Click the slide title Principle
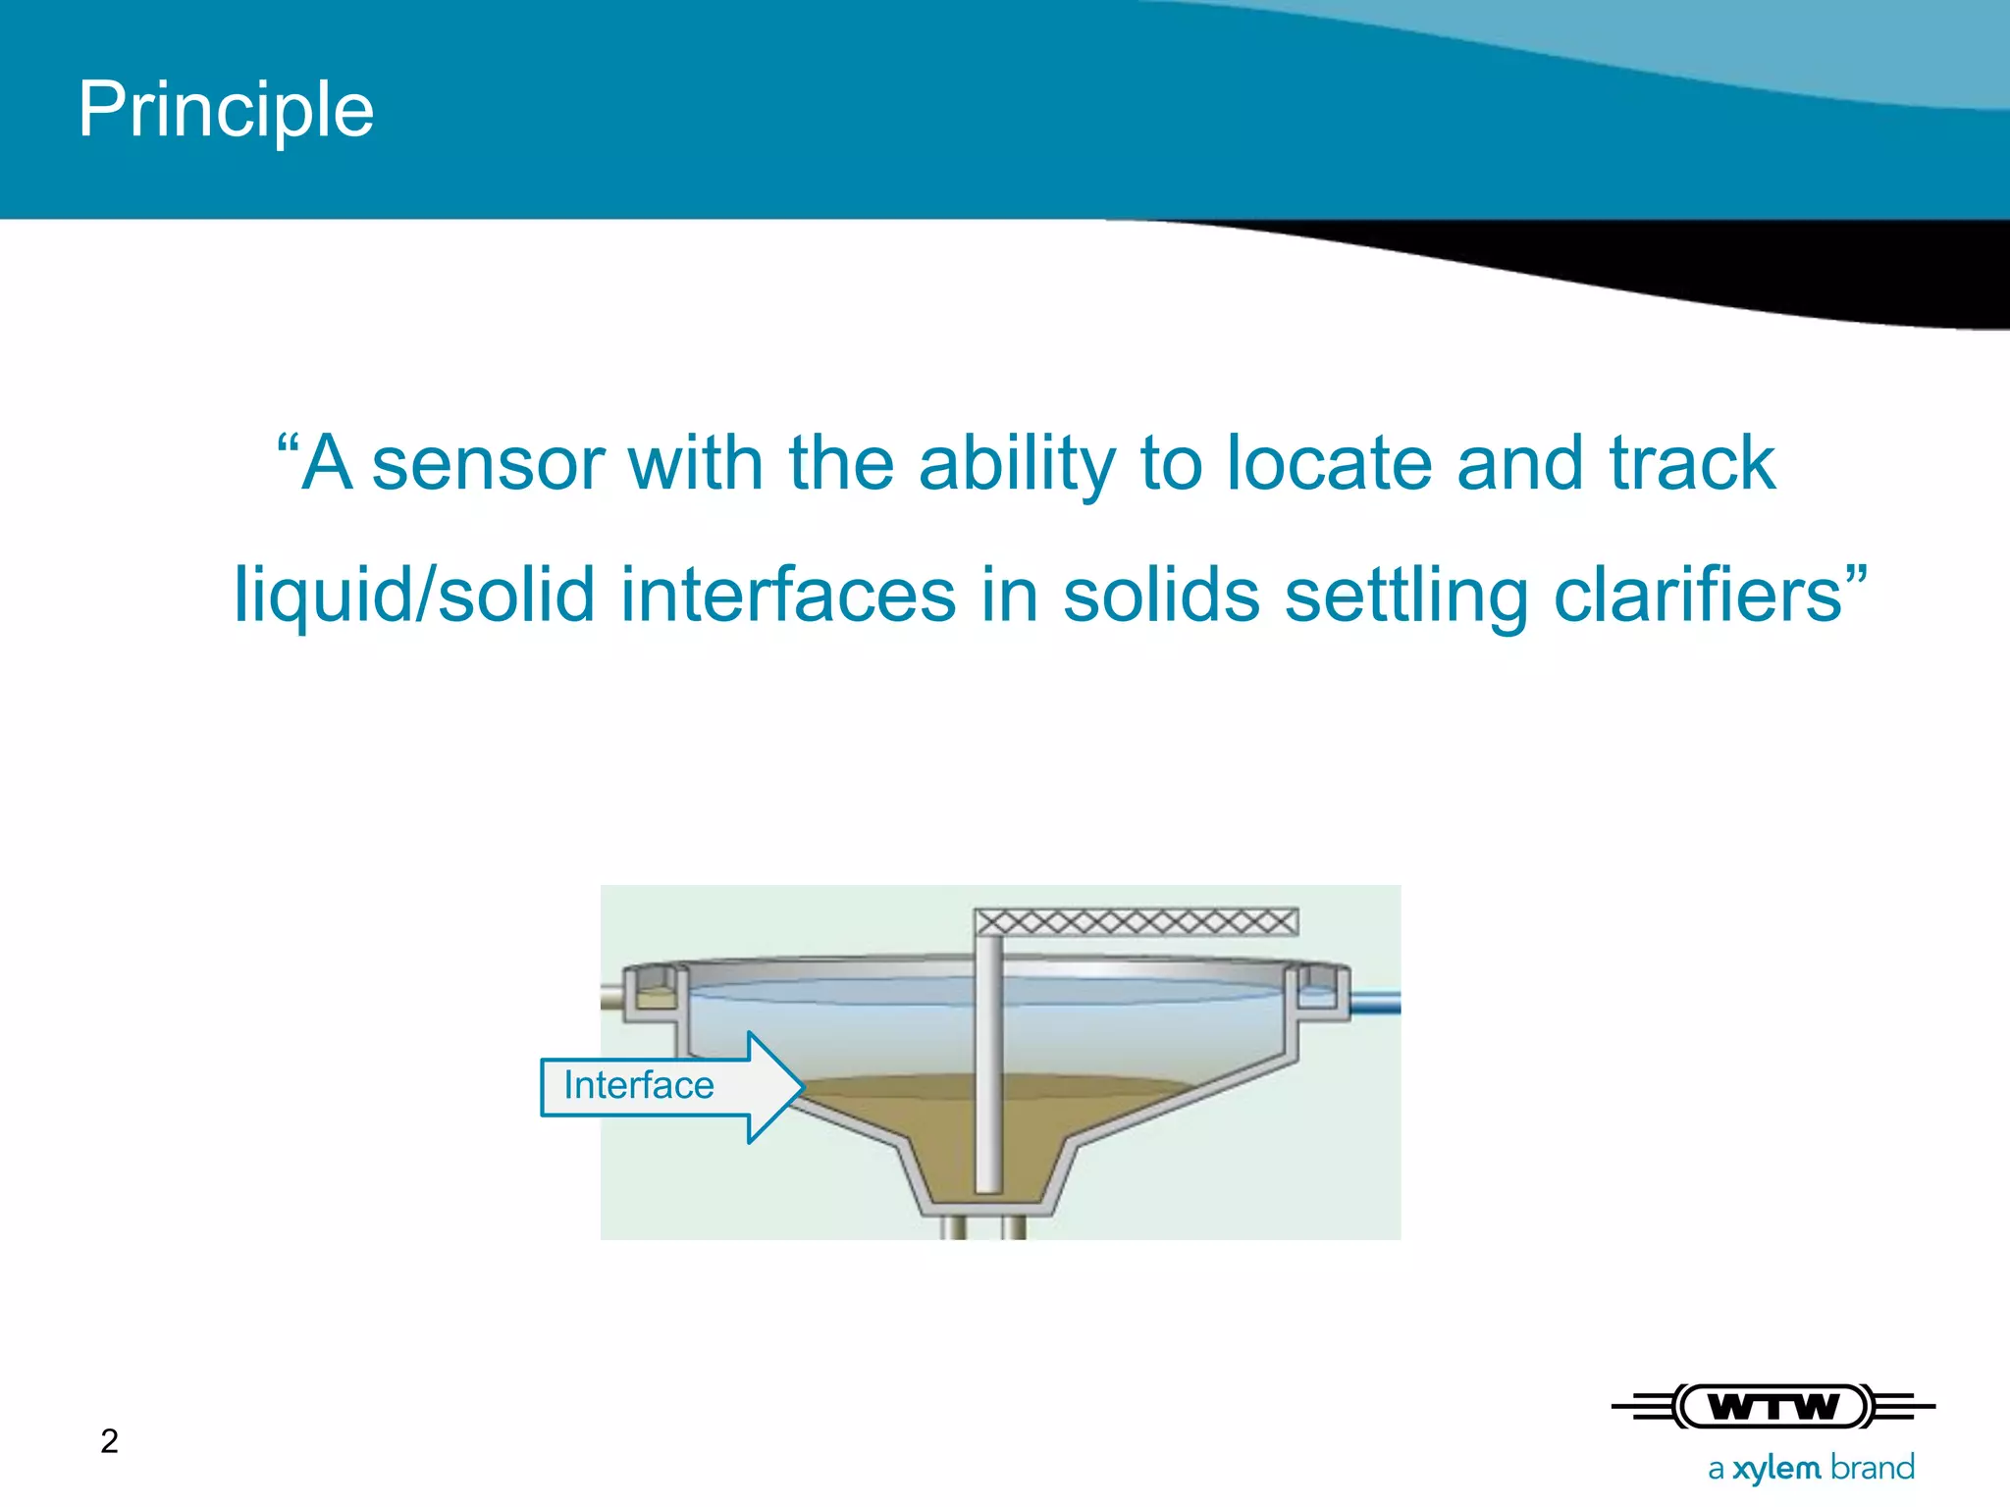tap(226, 110)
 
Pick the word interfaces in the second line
tap(788, 596)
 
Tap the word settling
tap(1406, 596)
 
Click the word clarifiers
tap(1698, 596)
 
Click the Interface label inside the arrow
tap(639, 1086)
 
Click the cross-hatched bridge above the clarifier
tap(1137, 921)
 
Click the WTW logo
tap(1773, 1407)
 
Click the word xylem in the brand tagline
tap(1776, 1468)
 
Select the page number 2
tap(109, 1440)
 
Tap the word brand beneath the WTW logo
tap(1872, 1467)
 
